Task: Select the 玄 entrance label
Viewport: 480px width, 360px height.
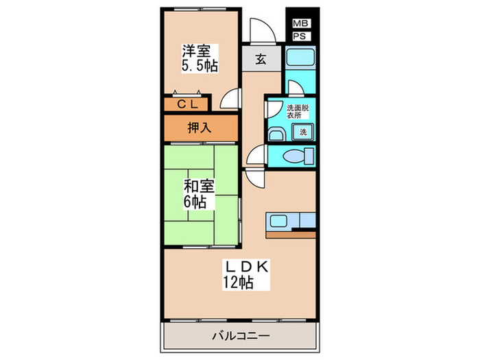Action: (261, 59)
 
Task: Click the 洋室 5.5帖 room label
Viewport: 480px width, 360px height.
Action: (199, 58)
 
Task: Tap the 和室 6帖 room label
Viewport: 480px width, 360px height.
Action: (197, 193)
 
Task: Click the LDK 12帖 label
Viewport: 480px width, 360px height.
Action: (238, 273)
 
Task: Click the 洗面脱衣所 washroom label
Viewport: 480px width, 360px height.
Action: (297, 112)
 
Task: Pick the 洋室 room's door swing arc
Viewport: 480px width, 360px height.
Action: (231, 100)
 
